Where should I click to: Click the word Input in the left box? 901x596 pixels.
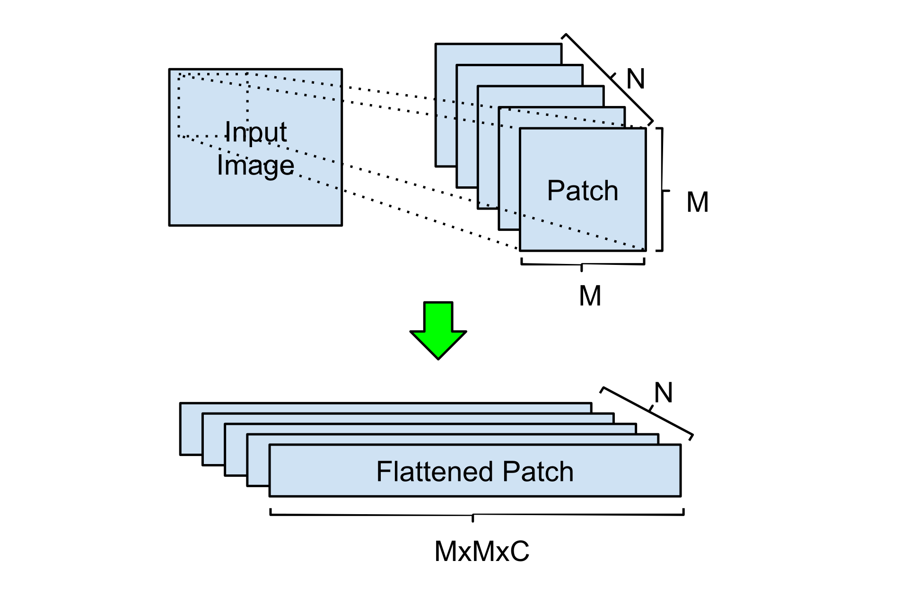(x=255, y=131)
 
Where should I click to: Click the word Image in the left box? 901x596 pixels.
(x=255, y=166)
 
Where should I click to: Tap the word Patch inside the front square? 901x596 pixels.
(x=583, y=191)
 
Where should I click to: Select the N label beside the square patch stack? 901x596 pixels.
(x=636, y=79)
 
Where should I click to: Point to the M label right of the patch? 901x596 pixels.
(x=697, y=202)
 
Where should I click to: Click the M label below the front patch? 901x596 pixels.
(x=590, y=296)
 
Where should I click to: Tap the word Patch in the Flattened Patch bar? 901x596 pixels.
(x=538, y=471)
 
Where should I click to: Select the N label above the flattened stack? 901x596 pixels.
(x=664, y=393)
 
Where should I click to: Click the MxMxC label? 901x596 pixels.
(x=482, y=551)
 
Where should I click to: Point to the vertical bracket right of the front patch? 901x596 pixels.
(x=662, y=190)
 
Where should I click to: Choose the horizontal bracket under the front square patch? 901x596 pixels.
(x=583, y=264)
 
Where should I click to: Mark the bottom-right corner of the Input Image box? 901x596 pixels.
(x=341, y=225)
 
